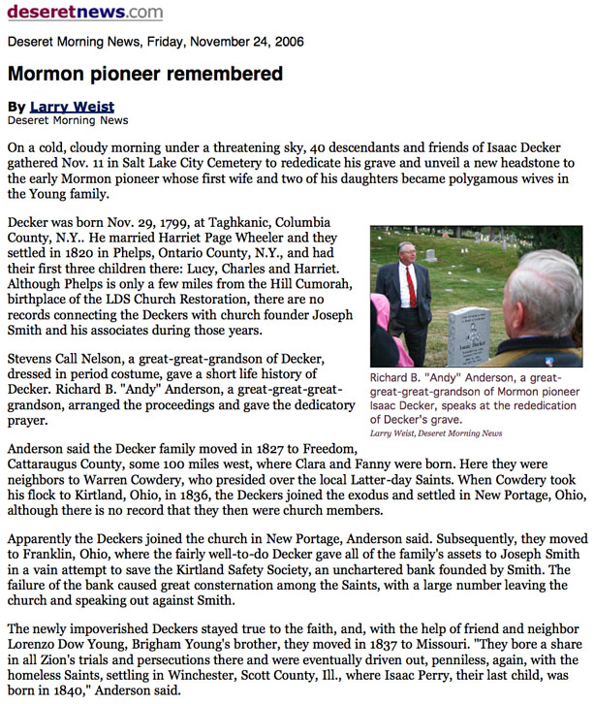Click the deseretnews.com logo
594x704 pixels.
coord(85,13)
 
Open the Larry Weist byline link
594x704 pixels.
coord(72,107)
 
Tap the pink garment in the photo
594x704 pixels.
coord(381,335)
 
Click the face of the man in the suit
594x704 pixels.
coord(406,252)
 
